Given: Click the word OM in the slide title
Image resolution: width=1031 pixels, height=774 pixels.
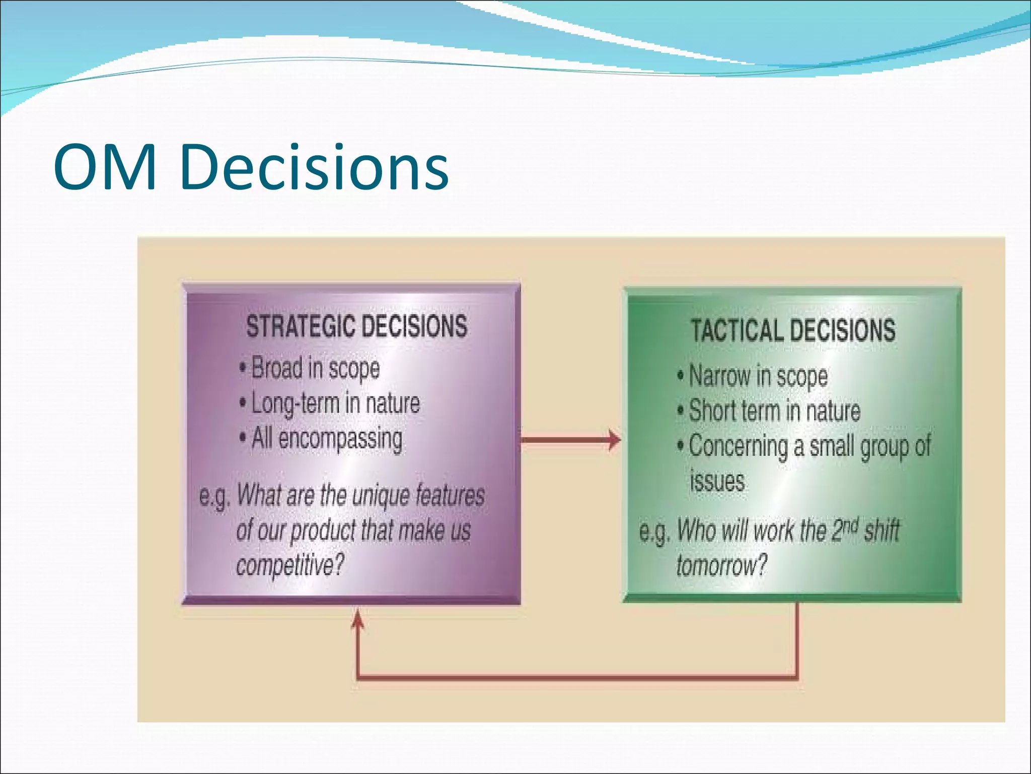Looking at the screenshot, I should pyautogui.click(x=105, y=168).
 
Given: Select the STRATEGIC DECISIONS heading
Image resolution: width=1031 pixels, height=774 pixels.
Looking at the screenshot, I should pyautogui.click(x=356, y=326).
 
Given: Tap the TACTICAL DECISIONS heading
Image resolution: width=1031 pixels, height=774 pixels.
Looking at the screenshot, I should pyautogui.click(x=793, y=331).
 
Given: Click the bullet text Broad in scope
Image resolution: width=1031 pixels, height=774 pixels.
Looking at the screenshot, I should pyautogui.click(x=316, y=368).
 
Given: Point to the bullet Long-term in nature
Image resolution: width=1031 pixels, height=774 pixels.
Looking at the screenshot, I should pyautogui.click(x=335, y=403).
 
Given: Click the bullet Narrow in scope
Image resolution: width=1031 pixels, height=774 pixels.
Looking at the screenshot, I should pyautogui.click(x=758, y=376).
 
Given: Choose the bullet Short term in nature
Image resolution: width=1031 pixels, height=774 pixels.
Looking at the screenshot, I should pyautogui.click(x=774, y=411).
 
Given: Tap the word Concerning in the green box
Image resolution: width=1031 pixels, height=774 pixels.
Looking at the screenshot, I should pyautogui.click(x=738, y=446).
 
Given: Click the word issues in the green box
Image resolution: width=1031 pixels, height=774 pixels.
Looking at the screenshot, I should pyautogui.click(x=717, y=481).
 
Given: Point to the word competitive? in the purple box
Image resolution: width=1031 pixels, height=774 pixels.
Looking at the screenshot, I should pyautogui.click(x=290, y=565).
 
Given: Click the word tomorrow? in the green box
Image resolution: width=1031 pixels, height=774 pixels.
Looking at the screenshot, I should pyautogui.click(x=721, y=565).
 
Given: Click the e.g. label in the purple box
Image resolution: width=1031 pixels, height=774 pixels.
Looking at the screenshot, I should pyautogui.click(x=214, y=496).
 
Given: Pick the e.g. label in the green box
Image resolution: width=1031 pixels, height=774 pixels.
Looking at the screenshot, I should pyautogui.click(x=654, y=532).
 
